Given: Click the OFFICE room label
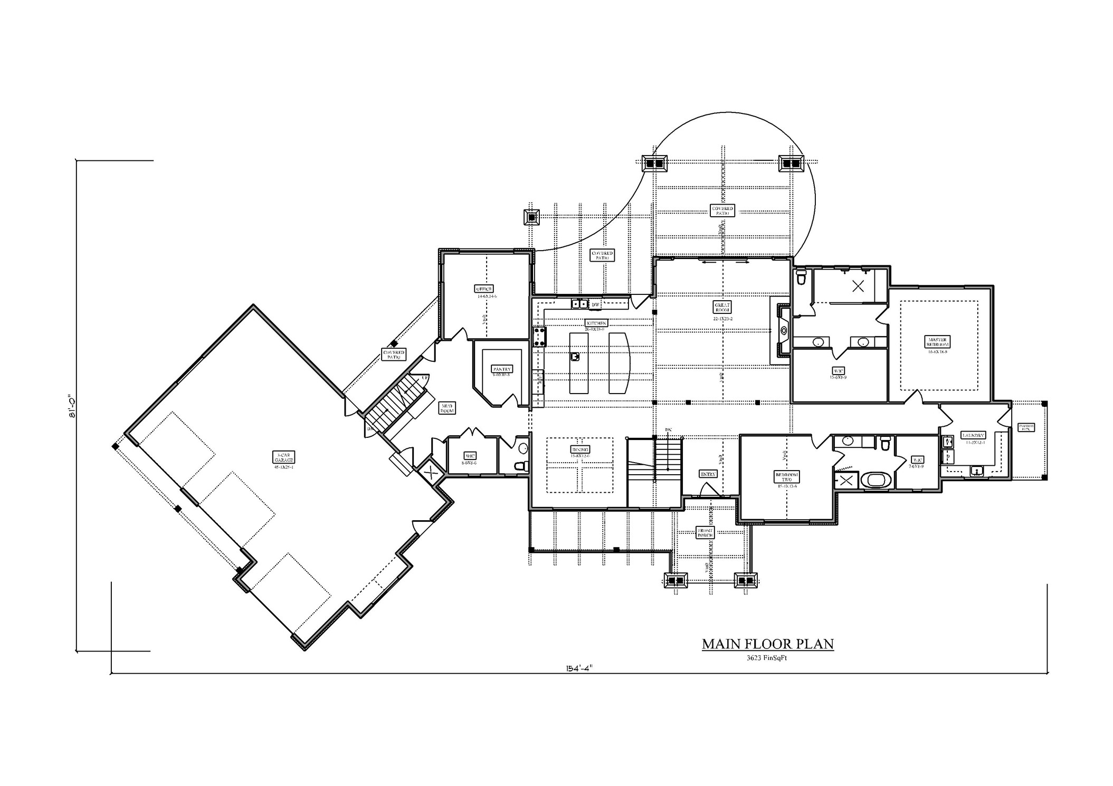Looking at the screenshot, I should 483,289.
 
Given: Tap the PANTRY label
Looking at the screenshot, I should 501,369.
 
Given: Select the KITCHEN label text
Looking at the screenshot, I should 596,323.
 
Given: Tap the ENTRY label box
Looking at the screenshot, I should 708,474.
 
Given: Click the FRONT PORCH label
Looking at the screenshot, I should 705,532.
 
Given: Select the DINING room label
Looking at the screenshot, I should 580,449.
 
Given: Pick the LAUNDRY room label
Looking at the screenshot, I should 973,435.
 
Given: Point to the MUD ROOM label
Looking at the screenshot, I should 447,408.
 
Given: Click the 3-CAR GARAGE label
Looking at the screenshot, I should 283,457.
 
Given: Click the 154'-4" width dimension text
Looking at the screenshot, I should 578,667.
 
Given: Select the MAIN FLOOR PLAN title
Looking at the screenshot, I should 767,644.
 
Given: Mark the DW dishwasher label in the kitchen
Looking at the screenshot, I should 595,304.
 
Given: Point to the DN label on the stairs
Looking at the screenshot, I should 668,430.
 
